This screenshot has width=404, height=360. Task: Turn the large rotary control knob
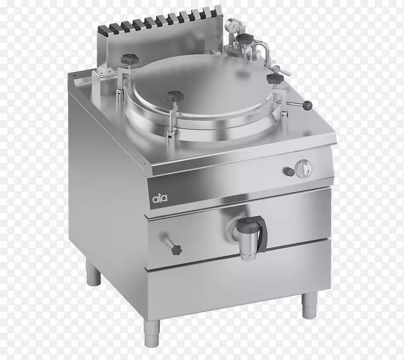[x=304, y=168]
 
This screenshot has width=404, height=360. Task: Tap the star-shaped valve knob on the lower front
[x=175, y=249]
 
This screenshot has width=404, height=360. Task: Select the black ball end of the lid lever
[x=308, y=105]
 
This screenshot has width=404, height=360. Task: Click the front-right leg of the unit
[x=309, y=305]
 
